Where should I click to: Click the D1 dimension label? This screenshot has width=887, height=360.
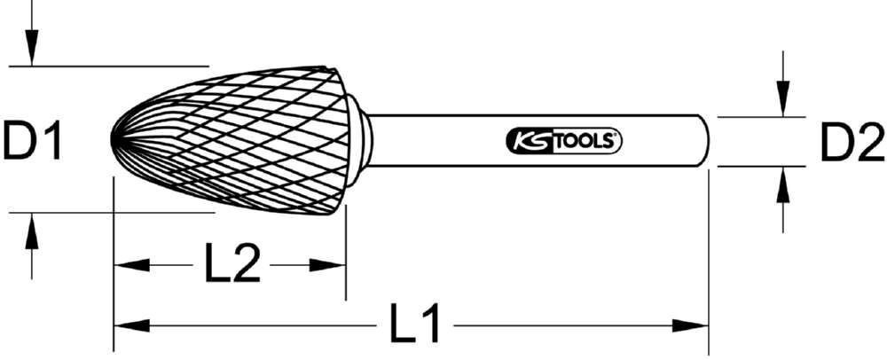coord(33,141)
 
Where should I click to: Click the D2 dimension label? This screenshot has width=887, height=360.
coord(851,141)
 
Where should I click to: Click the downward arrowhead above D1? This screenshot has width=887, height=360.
coord(32,53)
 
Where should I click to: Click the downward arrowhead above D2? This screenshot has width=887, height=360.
coord(783,102)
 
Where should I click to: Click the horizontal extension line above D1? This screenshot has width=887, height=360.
coord(106,66)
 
